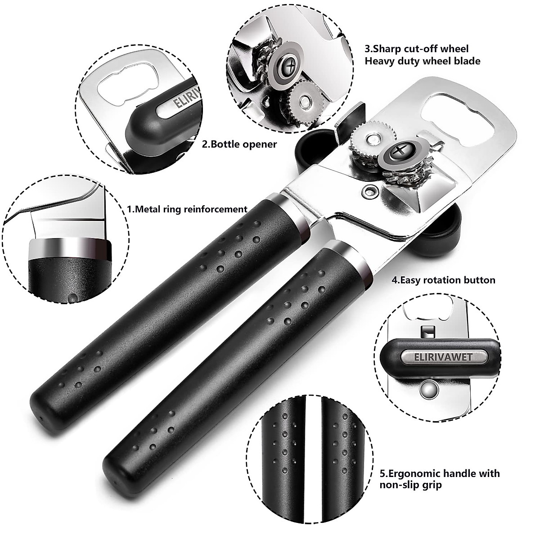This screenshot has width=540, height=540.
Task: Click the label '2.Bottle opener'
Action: (239, 144)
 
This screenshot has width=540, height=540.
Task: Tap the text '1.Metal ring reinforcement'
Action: (187, 209)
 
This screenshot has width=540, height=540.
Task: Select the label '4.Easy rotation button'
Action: (443, 280)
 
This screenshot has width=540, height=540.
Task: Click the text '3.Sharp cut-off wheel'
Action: (417, 49)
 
